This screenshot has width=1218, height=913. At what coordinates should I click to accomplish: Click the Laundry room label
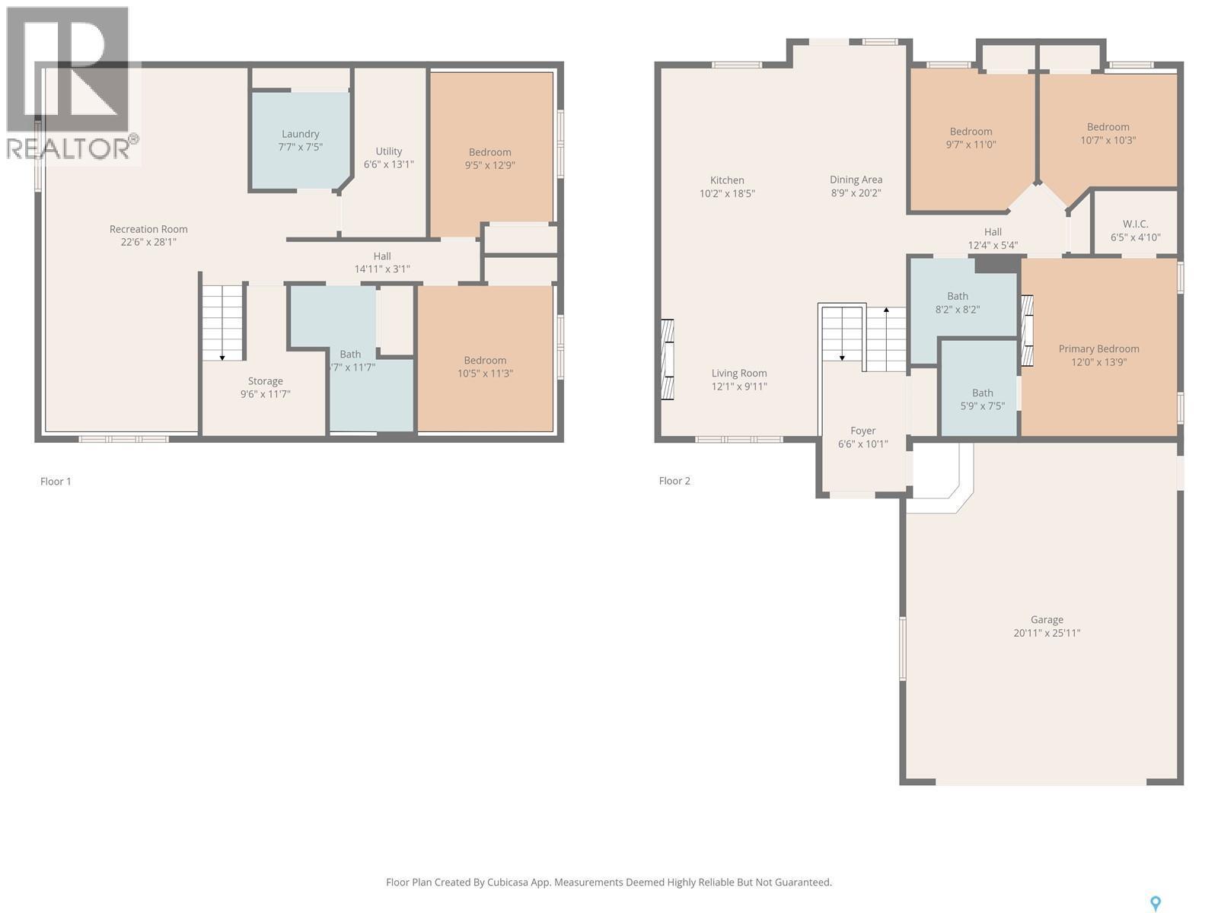tap(300, 134)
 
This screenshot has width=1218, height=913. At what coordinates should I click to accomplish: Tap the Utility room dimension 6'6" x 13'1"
tap(388, 164)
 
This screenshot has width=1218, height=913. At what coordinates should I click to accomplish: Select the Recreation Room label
tap(148, 229)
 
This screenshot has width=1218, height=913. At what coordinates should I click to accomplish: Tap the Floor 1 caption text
tap(56, 482)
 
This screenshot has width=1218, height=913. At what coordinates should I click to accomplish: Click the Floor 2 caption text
tap(674, 481)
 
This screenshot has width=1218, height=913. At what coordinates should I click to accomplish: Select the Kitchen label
tap(727, 180)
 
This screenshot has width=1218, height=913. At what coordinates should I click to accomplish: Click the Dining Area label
tap(856, 180)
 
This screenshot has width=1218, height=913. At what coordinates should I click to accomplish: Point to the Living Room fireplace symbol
tap(667, 359)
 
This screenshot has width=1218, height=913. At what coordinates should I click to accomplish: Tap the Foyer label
tap(862, 431)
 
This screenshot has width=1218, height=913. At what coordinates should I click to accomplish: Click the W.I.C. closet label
tap(1135, 224)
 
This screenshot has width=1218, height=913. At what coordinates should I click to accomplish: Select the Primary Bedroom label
tap(1098, 349)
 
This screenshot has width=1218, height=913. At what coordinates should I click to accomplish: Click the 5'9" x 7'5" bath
tap(982, 399)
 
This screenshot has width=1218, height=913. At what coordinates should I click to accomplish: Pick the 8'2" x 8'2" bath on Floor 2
tap(958, 303)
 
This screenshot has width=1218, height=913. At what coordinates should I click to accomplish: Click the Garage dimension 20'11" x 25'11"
tap(1047, 633)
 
